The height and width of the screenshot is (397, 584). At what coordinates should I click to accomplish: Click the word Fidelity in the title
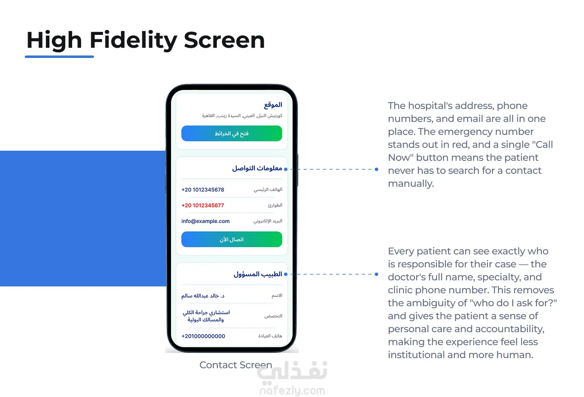(x=133, y=40)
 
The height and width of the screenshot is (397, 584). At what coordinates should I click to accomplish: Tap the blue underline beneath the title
(x=59, y=57)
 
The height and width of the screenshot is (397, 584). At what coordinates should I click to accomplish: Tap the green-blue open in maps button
(x=231, y=134)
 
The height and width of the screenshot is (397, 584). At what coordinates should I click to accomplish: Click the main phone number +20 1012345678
(x=203, y=190)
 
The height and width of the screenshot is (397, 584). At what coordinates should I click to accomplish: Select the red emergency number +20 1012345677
(x=203, y=205)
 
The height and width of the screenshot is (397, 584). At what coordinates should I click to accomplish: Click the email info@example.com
(x=205, y=221)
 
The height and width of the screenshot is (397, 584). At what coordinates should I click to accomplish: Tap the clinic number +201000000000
(x=203, y=336)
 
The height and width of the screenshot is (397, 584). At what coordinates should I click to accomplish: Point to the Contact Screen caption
(x=235, y=365)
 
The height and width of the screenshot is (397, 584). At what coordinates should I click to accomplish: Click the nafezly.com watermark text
(x=292, y=391)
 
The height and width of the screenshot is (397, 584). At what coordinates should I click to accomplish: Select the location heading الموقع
(x=273, y=105)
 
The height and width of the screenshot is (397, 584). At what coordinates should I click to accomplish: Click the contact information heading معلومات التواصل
(x=257, y=168)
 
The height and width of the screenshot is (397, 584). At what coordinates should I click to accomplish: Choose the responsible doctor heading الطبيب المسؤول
(x=258, y=274)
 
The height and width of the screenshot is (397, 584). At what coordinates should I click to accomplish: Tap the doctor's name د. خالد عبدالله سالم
(x=203, y=296)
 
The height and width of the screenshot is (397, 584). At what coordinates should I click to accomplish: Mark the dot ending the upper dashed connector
(x=376, y=169)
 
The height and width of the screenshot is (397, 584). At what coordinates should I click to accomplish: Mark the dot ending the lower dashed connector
(x=376, y=274)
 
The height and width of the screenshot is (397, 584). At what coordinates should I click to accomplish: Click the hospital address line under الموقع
(x=242, y=116)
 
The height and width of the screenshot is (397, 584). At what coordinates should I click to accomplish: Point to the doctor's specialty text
(x=206, y=316)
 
